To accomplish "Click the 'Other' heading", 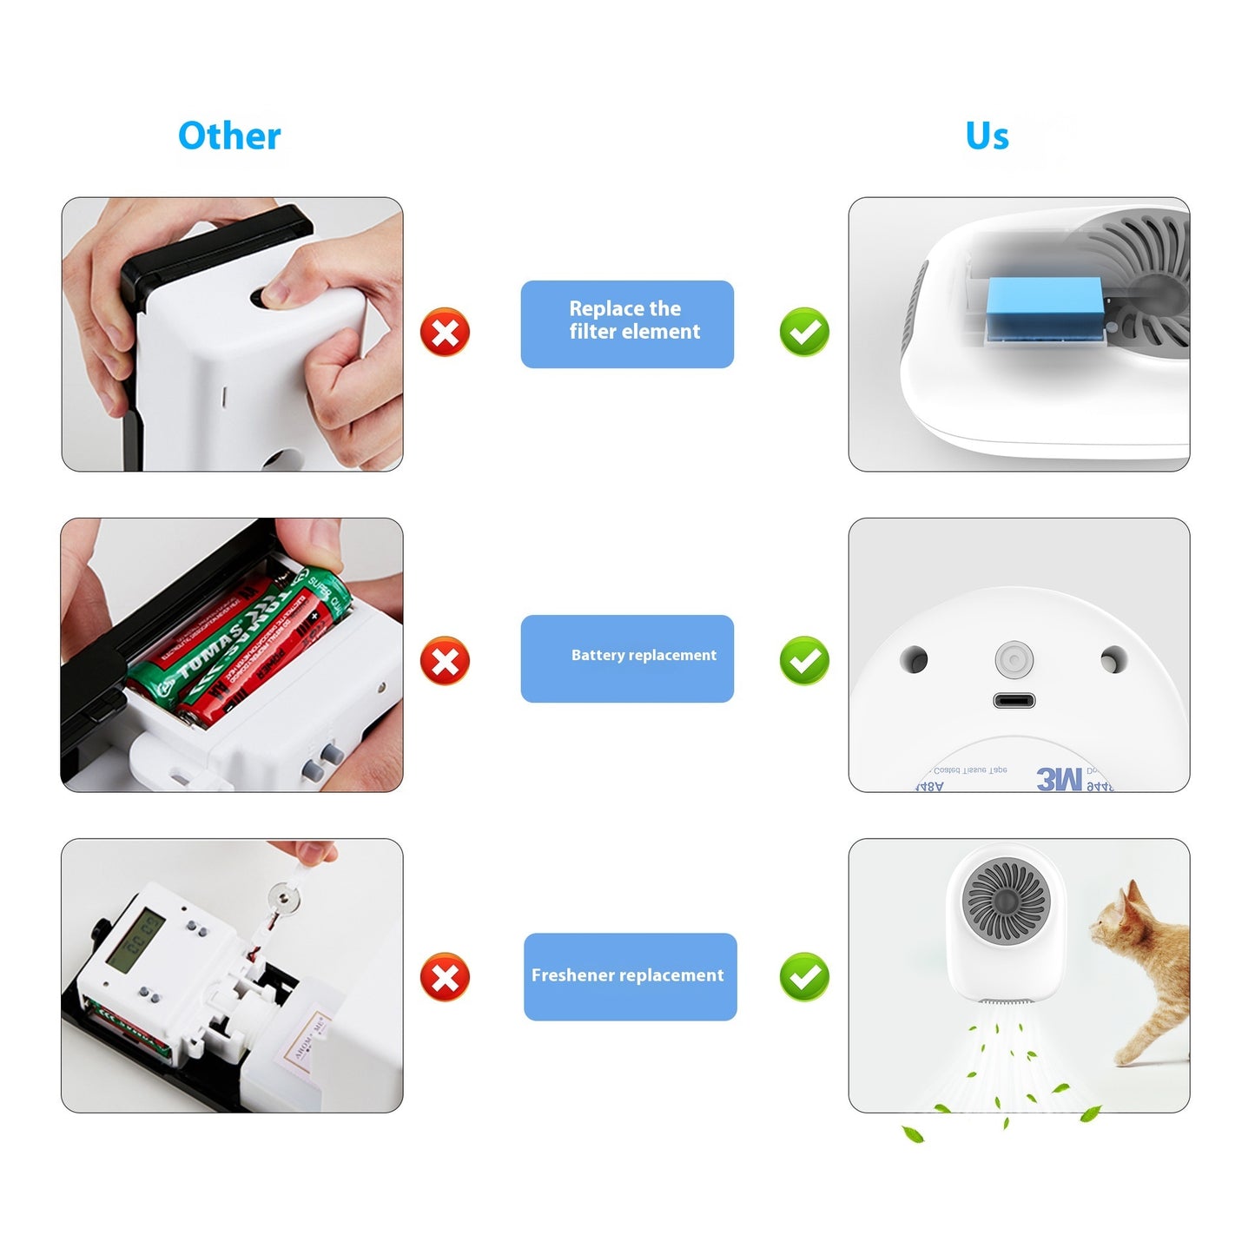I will click(x=229, y=136).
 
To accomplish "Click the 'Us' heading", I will click(x=987, y=136).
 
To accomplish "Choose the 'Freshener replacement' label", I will click(x=630, y=976).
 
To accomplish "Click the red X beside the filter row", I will click(x=445, y=332).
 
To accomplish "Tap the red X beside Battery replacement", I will click(x=445, y=661).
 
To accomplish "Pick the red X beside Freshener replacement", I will click(x=445, y=977).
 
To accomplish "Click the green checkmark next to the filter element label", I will click(x=804, y=332).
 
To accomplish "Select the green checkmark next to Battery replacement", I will click(x=804, y=661).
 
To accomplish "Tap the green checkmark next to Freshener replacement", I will click(x=804, y=977).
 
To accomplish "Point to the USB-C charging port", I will click(x=1014, y=701).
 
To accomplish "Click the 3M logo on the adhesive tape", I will click(x=1059, y=779).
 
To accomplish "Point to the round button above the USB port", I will click(x=1014, y=660).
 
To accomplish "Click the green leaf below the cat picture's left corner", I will click(x=912, y=1133).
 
